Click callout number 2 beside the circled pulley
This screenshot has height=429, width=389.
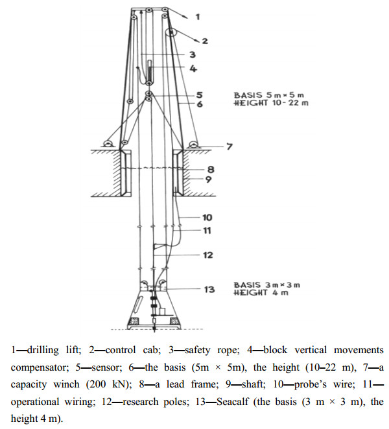(204, 41)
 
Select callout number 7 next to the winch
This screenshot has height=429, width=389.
(228, 147)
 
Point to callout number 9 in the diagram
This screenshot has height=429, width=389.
(210, 180)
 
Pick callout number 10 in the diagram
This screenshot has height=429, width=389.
(207, 218)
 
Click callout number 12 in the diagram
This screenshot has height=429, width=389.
(207, 255)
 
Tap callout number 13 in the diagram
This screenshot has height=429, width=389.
(209, 289)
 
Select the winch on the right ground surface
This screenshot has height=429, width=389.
(193, 144)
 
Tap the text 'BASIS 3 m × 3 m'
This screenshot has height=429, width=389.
(266, 285)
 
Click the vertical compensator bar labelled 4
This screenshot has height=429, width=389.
(150, 71)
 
